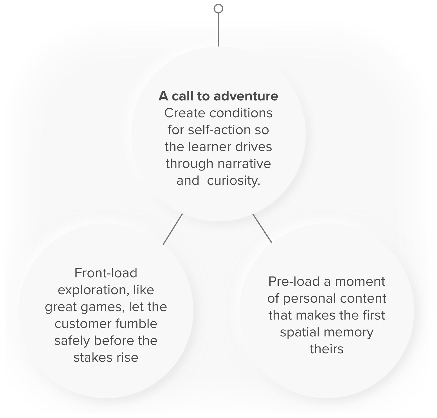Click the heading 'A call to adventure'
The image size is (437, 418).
pyautogui.click(x=218, y=96)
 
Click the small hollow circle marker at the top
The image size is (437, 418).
pyautogui.click(x=218, y=9)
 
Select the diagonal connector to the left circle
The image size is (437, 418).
pyautogui.click(x=173, y=229)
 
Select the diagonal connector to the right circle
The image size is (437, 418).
pyautogui.click(x=262, y=228)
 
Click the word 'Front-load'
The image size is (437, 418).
pyautogui.click(x=106, y=273)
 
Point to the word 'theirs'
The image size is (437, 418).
pyautogui.click(x=327, y=349)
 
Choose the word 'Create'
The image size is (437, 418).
pyautogui.click(x=185, y=113)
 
